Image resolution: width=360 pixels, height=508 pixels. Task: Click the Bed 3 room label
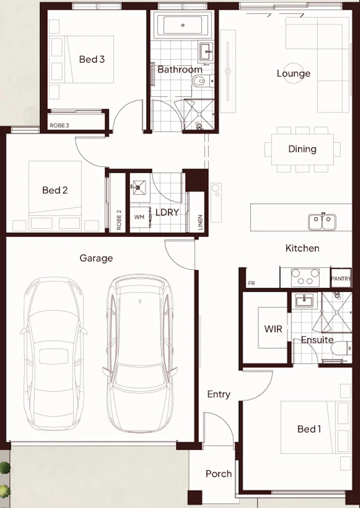[x=92, y=59]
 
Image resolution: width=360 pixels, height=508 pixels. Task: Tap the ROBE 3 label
[x=60, y=126]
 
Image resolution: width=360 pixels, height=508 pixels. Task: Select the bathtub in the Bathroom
[x=183, y=25]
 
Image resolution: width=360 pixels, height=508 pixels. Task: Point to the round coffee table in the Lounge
[x=293, y=73]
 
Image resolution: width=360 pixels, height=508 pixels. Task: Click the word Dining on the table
[x=302, y=149]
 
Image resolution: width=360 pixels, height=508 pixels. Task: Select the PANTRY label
[x=341, y=279]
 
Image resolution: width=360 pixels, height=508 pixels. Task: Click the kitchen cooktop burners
[x=305, y=277]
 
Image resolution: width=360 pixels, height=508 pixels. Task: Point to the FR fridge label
[x=251, y=284]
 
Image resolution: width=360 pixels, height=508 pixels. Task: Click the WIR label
[x=273, y=328]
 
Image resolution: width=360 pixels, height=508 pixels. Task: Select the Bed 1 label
[x=309, y=429]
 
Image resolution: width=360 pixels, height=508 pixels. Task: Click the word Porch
[x=219, y=474]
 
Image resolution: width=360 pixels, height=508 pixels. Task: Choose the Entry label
[x=219, y=395]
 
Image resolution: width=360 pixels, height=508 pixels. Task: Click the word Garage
[x=96, y=258]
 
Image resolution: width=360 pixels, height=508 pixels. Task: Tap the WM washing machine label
[x=139, y=217]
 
